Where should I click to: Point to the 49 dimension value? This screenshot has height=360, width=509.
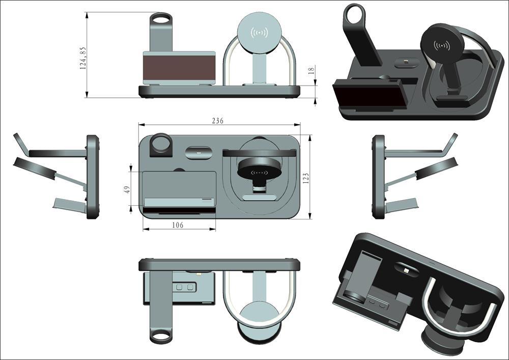[x=127, y=188]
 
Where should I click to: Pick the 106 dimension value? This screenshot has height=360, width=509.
[x=178, y=225]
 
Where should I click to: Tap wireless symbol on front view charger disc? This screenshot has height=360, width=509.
[x=260, y=33]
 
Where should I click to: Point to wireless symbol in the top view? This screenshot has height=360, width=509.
[x=260, y=173]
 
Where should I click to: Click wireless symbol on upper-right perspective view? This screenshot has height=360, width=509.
[x=441, y=46]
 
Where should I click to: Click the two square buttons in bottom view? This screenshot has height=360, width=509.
[x=184, y=287]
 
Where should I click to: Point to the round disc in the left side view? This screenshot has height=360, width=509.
[x=34, y=169]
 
